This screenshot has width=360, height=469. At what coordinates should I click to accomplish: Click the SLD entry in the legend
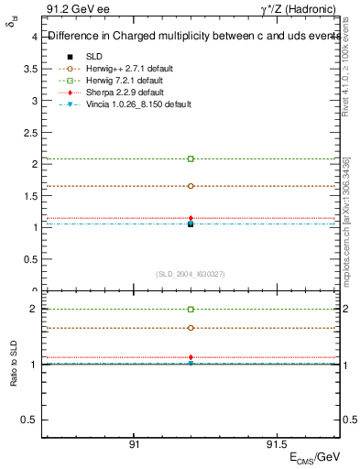point(94,57)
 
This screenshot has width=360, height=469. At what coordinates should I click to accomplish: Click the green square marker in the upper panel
point(191,158)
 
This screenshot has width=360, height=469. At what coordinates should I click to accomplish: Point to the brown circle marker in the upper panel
point(191,186)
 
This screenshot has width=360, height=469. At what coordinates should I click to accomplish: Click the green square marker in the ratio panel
point(191,310)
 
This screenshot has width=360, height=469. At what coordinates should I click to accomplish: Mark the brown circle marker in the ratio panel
point(191,328)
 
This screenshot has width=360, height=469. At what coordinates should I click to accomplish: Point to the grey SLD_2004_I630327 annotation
point(191,274)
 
